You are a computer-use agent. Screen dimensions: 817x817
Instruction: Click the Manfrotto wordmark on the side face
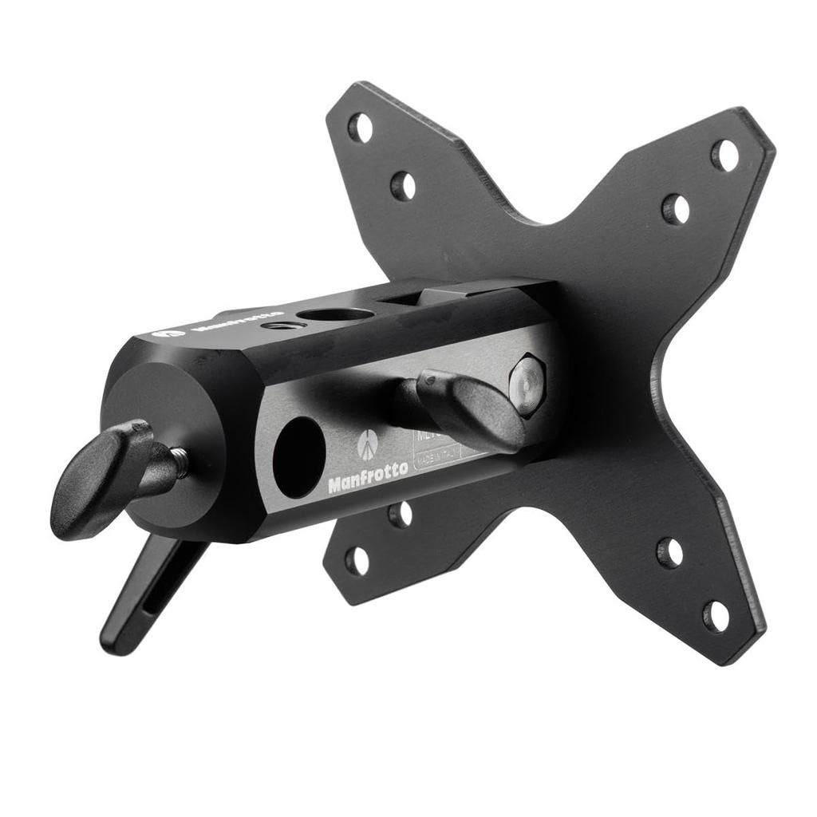(368, 476)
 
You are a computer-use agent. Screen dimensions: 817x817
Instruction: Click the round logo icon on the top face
(168, 332)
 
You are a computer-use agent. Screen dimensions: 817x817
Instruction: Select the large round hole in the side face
(298, 457)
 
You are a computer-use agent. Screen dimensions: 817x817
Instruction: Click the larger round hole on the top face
(339, 314)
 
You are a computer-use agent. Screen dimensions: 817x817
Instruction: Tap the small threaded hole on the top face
(278, 325)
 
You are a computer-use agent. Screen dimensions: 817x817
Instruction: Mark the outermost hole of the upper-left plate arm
(361, 127)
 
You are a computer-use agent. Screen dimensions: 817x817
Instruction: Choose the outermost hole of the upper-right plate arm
(724, 155)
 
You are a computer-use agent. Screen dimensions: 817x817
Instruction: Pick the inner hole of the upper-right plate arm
(676, 209)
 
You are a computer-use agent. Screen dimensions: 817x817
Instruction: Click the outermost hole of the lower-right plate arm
(716, 615)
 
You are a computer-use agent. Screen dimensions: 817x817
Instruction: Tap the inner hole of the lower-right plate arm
(669, 552)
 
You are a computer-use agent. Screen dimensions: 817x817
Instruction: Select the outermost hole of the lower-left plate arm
(357, 559)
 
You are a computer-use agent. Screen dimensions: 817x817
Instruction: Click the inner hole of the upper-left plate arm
(403, 186)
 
